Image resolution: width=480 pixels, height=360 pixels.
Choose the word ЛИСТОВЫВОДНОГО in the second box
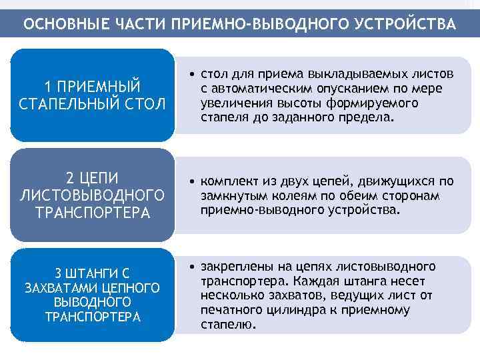tap(92, 195)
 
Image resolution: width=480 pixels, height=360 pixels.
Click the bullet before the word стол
tap(191, 72)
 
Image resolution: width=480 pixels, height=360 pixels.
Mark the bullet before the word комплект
tap(191, 181)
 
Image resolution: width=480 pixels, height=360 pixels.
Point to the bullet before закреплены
tap(191, 267)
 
